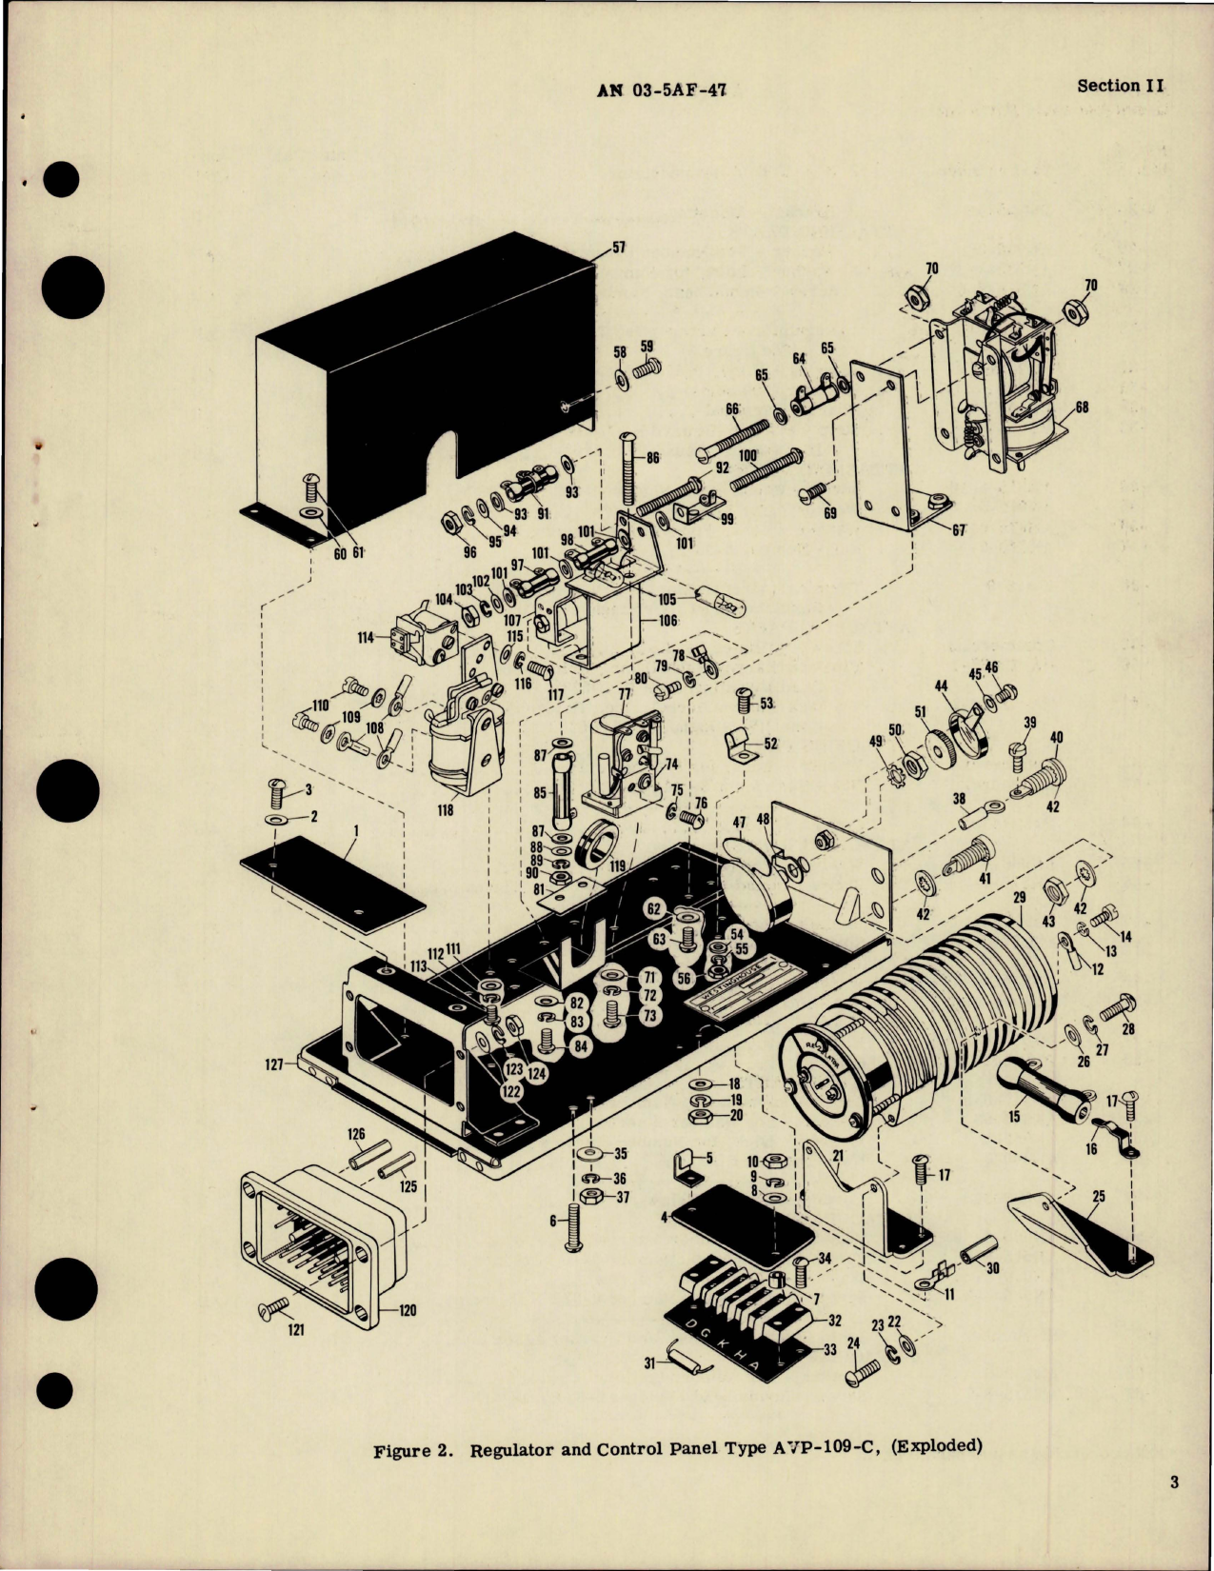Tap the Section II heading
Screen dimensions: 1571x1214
point(1120,85)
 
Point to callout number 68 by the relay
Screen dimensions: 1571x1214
point(1081,408)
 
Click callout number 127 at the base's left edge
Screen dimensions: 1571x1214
point(274,1065)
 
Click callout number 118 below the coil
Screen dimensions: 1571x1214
point(445,810)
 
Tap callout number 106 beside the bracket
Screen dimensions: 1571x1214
point(667,621)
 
